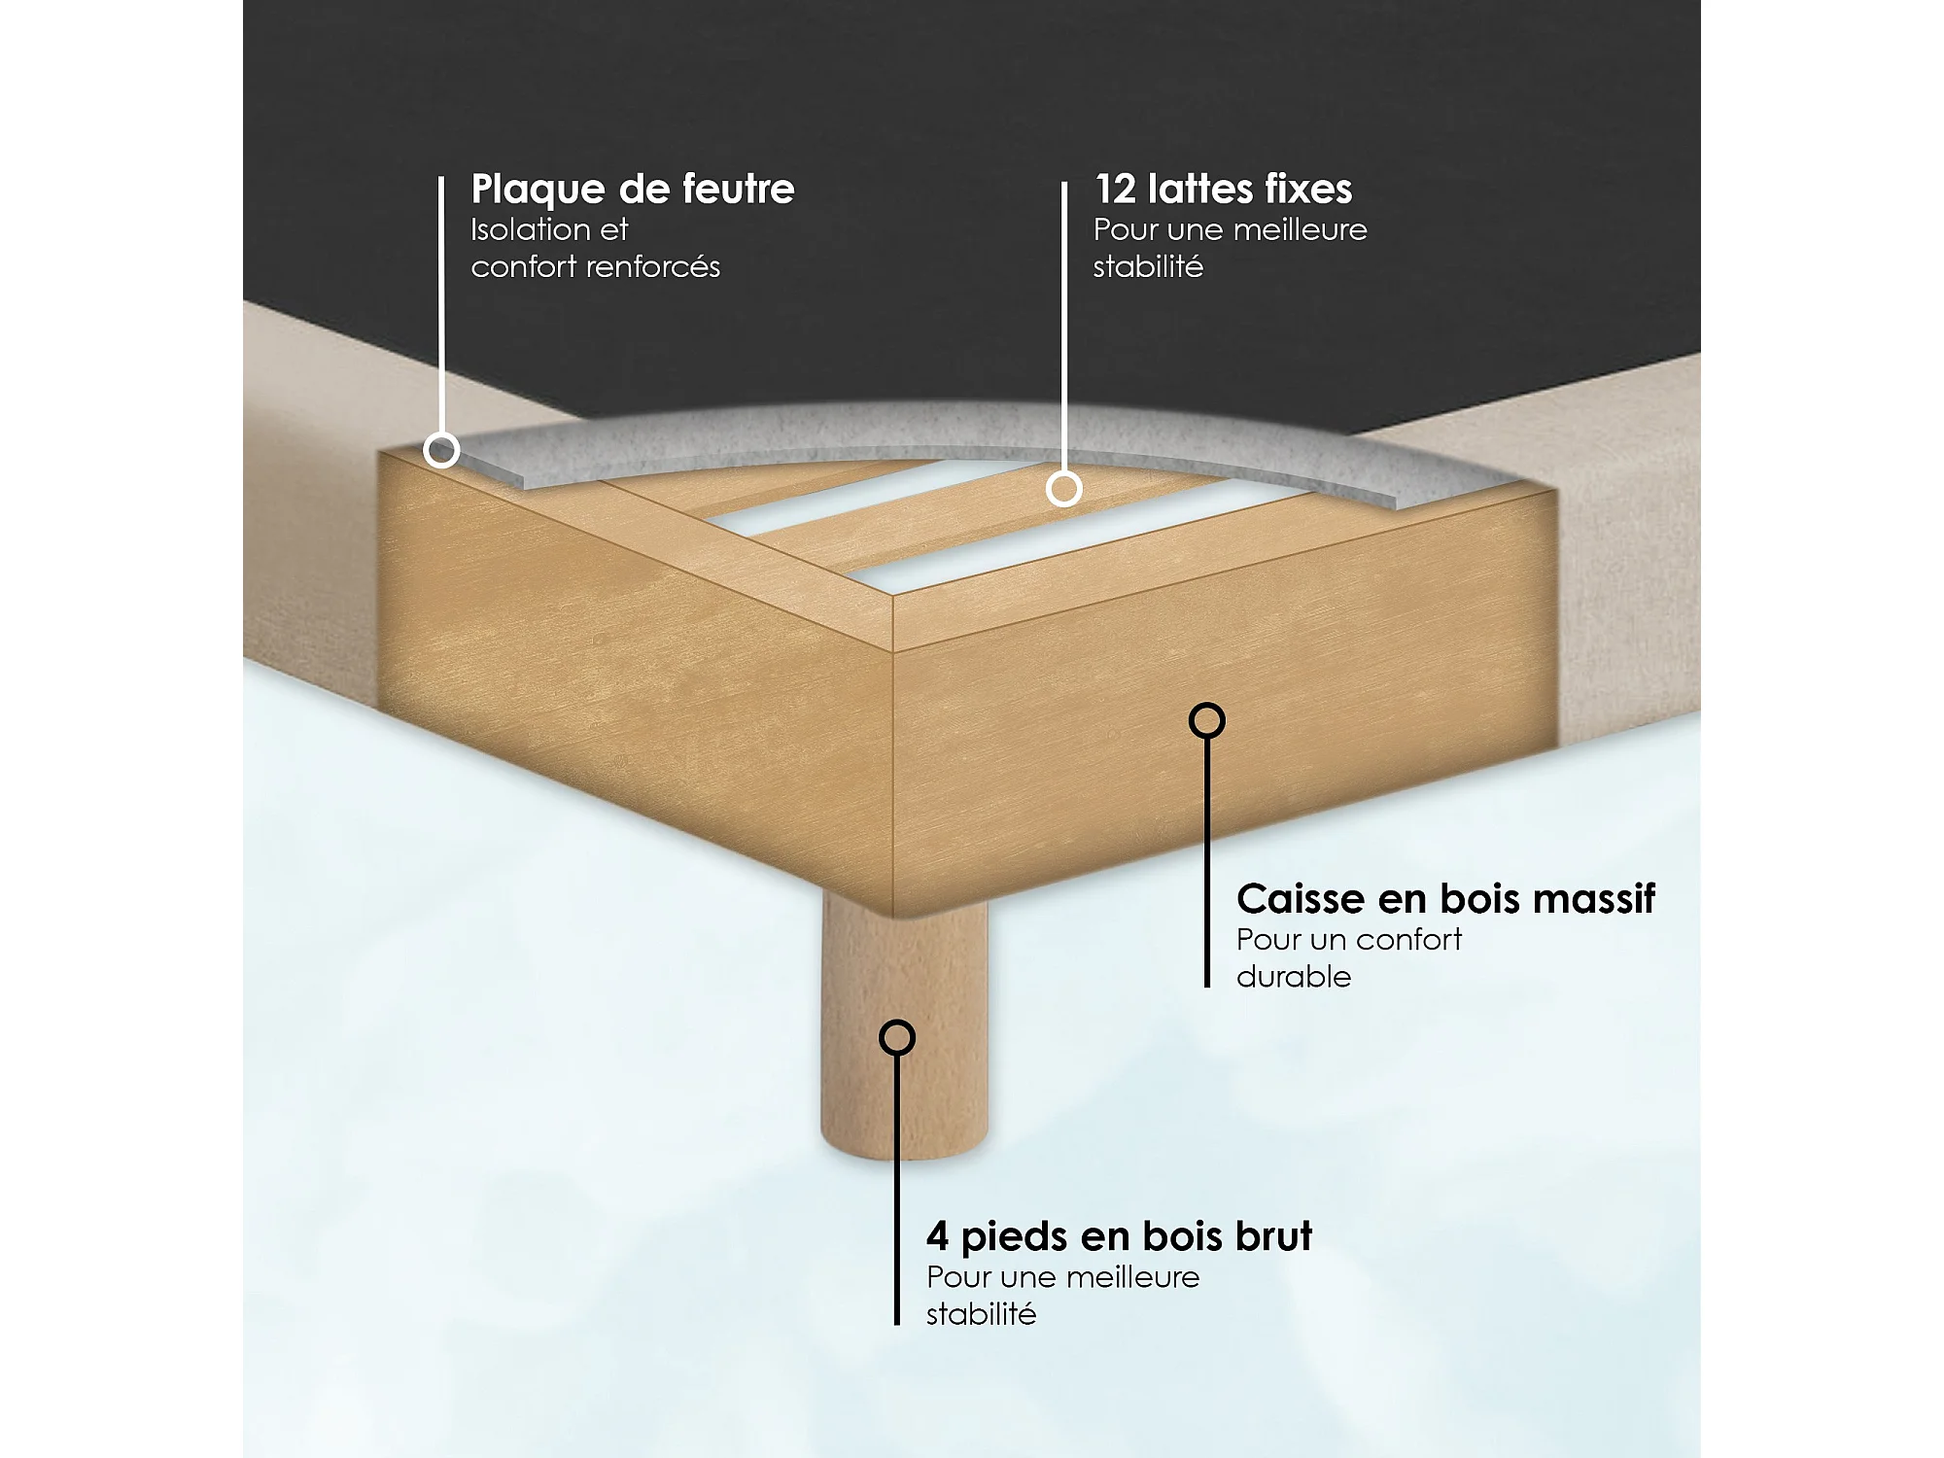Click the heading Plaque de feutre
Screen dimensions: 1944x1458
pos(633,190)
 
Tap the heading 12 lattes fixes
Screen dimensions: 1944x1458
pos(1223,189)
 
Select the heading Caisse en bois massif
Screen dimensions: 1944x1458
pos(1445,899)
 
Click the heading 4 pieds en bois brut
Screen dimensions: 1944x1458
pos(1119,1237)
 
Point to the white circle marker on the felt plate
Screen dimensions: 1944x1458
pos(442,450)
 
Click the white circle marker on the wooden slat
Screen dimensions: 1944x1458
pos(1064,488)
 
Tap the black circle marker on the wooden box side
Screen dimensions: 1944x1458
pos(1207,720)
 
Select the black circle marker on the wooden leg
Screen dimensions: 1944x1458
pos(897,1037)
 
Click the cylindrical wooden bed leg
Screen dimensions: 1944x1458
pos(904,1030)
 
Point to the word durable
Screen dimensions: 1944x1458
pos(1294,976)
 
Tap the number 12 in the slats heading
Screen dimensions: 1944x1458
pos(1115,190)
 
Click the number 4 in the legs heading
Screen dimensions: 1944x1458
pos(937,1236)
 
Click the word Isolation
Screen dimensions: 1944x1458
pos(530,229)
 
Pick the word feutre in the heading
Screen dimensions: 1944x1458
pos(739,189)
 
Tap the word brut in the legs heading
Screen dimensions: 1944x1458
pos(1273,1235)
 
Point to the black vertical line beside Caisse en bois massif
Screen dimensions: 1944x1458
pos(1207,862)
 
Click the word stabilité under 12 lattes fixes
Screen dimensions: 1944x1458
pos(1148,266)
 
